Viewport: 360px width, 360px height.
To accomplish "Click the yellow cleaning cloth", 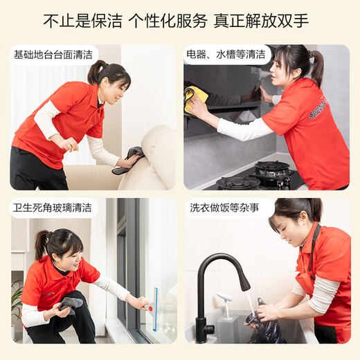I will (x=196, y=98).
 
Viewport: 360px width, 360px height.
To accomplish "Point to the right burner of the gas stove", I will (x=272, y=168).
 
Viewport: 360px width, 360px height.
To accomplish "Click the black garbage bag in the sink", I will (x=265, y=329).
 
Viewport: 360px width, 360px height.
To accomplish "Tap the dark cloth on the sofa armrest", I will (x=129, y=159).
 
